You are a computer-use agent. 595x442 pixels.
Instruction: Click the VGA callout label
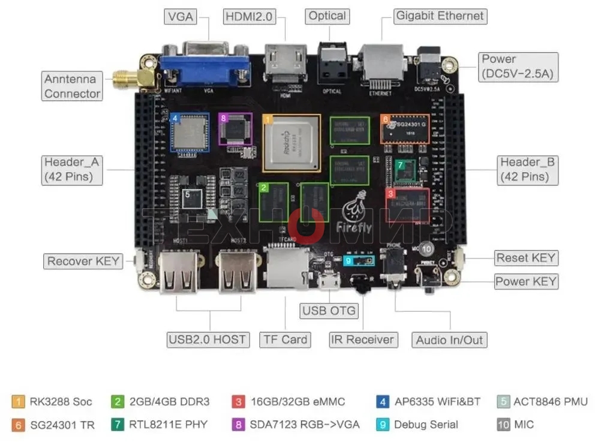pos(181,17)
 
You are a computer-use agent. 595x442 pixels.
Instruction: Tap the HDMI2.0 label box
pos(249,17)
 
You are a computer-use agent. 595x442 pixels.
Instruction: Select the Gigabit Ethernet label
pos(440,16)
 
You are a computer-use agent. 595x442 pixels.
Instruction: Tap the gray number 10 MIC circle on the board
pos(426,248)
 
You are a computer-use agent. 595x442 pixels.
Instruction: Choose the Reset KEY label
pos(525,258)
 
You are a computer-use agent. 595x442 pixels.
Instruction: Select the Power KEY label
pos(525,281)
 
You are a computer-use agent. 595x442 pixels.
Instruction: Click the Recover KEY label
pos(83,261)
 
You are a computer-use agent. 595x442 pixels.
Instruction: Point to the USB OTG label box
pos(329,311)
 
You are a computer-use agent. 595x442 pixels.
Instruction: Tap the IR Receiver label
pos(363,339)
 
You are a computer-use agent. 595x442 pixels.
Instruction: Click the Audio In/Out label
pos(449,340)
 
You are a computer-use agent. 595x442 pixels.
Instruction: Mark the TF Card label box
pos(286,339)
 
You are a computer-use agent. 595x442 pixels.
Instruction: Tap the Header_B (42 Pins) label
pos(528,169)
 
